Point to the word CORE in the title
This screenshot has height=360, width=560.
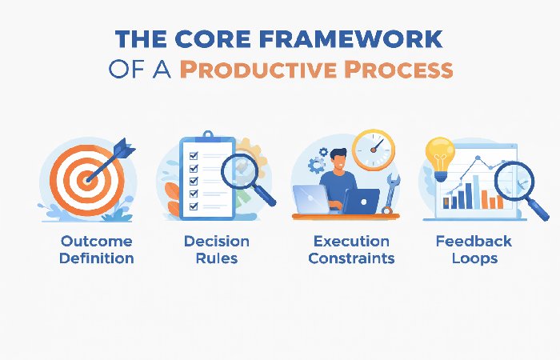coord(218,40)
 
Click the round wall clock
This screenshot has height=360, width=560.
coord(374,150)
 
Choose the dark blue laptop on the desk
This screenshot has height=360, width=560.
coord(360,202)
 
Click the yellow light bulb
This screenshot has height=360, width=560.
coord(439,157)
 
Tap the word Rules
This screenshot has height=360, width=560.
coord(216,258)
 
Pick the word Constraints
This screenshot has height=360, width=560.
coord(351,258)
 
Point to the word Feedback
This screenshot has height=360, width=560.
coord(474,241)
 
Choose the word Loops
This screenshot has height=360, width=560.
coord(474,258)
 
